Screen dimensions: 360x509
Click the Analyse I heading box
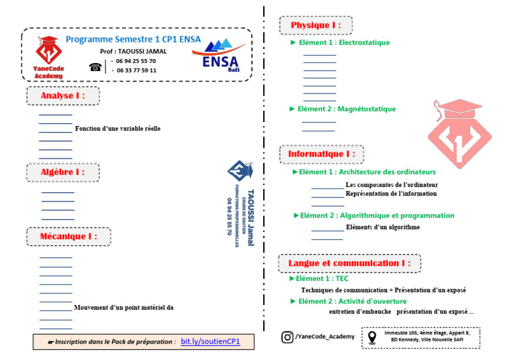coord(64,95)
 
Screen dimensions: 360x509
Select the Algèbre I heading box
coord(64,172)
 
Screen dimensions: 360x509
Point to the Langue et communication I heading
coord(349,263)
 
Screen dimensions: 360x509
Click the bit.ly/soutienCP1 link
coord(210,342)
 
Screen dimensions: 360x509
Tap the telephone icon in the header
coord(95,66)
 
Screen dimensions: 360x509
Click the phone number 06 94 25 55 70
coord(136,60)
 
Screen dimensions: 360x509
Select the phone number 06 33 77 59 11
coord(136,70)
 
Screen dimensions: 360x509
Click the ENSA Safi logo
coord(221,56)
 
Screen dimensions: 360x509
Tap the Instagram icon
coord(287,337)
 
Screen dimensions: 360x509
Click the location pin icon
coord(371,337)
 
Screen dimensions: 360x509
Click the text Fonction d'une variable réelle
coord(118,129)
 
